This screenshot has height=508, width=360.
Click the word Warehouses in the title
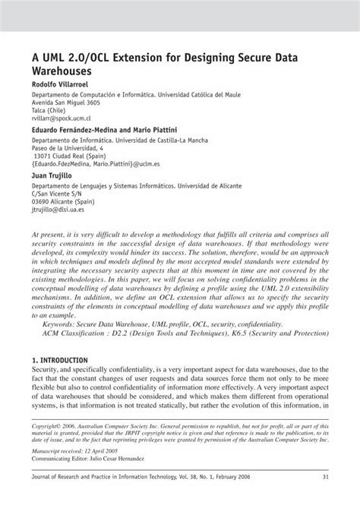(65, 68)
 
